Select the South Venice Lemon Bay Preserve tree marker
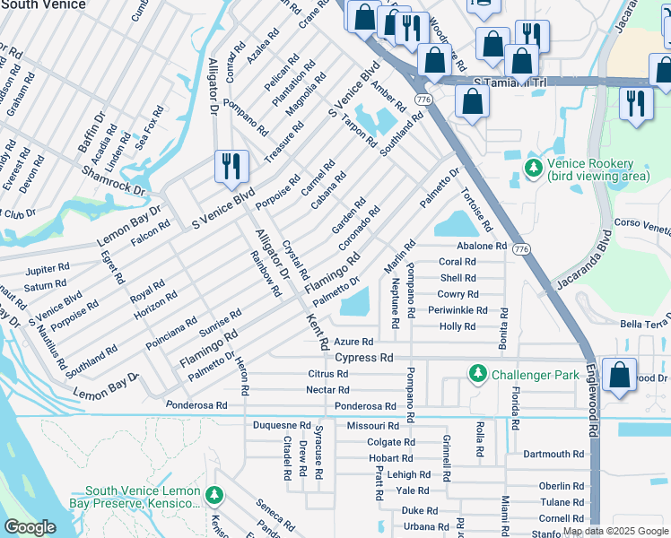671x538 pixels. pos(213,496)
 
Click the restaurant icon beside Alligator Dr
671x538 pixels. pos(230,165)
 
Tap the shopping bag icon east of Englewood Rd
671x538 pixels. pos(620,376)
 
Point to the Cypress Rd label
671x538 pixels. pos(364,357)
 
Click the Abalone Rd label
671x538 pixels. pos(482,246)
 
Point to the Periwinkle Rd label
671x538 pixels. pos(457,310)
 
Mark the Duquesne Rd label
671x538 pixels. pos(282,425)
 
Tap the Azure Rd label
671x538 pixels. pos(353,342)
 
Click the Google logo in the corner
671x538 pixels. pos(30,526)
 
